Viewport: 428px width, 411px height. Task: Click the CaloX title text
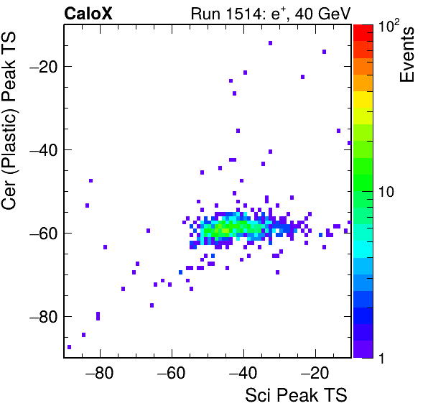[88, 14]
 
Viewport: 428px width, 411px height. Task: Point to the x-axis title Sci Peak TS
[296, 395]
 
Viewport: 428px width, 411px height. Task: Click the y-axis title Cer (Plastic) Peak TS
[9, 121]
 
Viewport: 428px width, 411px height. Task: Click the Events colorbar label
[407, 55]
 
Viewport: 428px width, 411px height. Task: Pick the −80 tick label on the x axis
[99, 373]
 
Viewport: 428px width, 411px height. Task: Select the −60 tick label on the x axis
[171, 373]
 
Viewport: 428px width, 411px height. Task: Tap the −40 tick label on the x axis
[243, 373]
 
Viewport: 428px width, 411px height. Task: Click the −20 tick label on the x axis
[315, 373]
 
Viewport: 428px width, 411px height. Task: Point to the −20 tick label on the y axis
[43, 66]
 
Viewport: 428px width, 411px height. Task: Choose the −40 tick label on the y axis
[43, 150]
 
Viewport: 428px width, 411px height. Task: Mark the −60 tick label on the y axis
[43, 234]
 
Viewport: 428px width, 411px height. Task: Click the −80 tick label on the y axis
[43, 316]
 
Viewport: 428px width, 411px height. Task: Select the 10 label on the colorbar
[386, 192]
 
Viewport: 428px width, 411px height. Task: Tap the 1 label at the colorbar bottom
[381, 359]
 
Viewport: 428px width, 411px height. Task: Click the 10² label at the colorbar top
[389, 26]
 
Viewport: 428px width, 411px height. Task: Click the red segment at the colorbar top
[363, 33]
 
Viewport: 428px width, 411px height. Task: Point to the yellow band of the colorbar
[363, 99]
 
